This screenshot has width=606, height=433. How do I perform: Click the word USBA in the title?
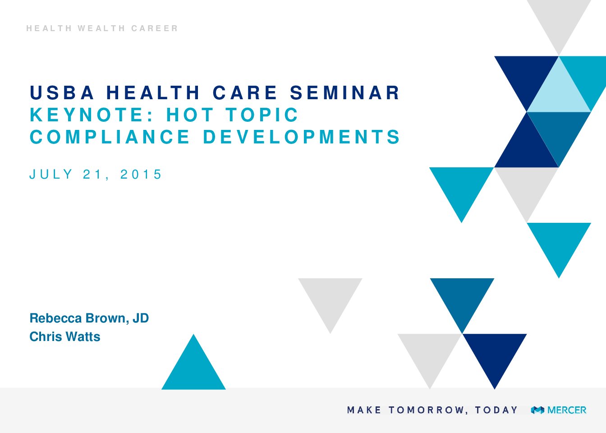coord(62,92)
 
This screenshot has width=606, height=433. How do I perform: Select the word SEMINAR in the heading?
coord(344,92)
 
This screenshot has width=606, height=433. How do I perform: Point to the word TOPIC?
coord(262,115)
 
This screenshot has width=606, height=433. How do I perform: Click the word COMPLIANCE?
coord(110,137)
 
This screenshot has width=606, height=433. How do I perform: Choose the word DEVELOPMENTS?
coord(301,137)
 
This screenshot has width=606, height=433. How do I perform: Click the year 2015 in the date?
coord(141,174)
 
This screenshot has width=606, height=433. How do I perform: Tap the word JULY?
coord(51,174)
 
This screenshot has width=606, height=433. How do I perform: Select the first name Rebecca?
coord(55,318)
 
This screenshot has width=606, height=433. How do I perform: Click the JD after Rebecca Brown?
coord(141,318)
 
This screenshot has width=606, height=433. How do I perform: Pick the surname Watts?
coord(83,336)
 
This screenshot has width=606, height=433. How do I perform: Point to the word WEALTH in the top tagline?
coord(101,28)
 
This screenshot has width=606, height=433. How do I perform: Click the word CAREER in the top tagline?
coord(155,28)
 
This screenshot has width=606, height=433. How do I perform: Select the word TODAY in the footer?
coord(496,410)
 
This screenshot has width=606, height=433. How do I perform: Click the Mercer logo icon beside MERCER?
coord(537,410)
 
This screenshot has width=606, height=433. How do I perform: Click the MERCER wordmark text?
coord(567,410)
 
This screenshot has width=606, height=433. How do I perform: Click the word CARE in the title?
coord(245,92)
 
